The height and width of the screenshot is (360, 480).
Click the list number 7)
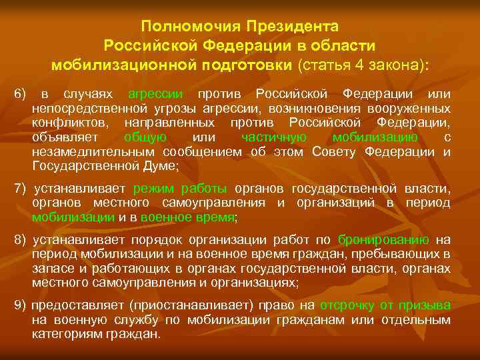pyautogui.click(x=20, y=187)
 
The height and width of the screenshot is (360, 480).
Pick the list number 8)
pyautogui.click(x=20, y=239)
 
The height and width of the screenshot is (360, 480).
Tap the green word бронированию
pyautogui.click(x=383, y=239)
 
